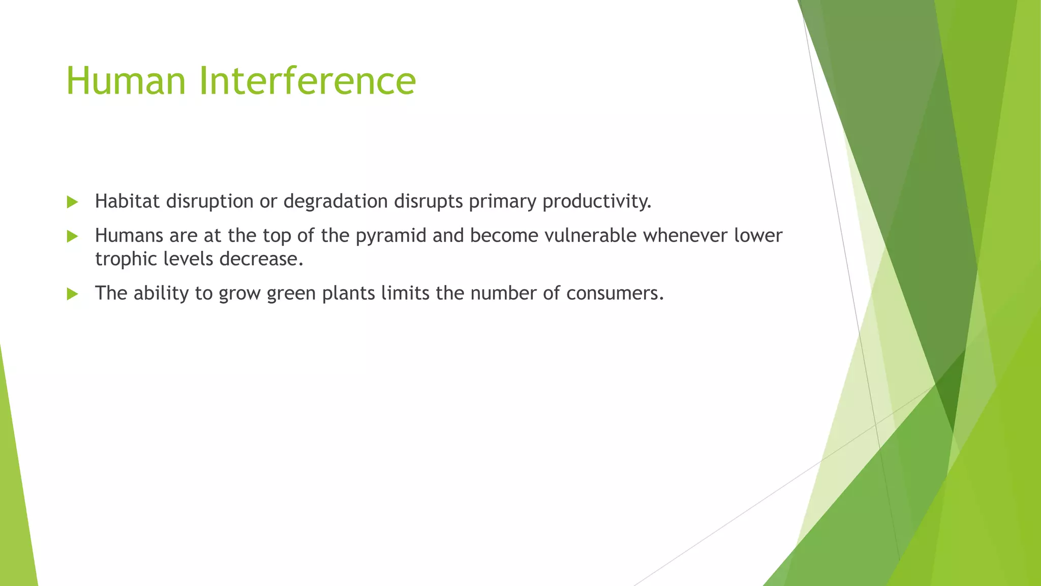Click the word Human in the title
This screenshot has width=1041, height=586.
[126, 81]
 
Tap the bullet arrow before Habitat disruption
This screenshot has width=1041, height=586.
[72, 202]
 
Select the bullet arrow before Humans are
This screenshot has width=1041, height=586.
[72, 237]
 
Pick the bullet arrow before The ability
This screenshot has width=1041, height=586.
[72, 294]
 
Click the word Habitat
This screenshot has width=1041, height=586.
[127, 201]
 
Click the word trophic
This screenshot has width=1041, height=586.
[126, 259]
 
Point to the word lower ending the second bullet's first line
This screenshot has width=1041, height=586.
[758, 236]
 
